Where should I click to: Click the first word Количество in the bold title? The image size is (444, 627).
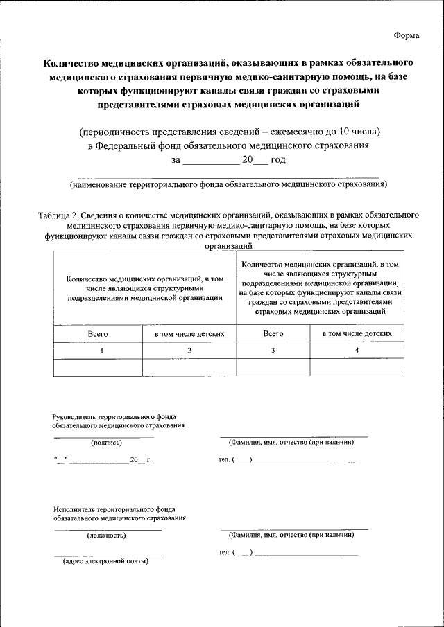point(70,63)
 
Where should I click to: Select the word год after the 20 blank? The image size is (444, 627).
point(278,160)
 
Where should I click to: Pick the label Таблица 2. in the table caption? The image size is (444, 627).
point(59,215)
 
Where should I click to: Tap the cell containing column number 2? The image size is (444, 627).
point(189,351)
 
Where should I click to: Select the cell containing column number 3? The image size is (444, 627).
point(273,351)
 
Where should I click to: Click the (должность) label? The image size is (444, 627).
point(106,535)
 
